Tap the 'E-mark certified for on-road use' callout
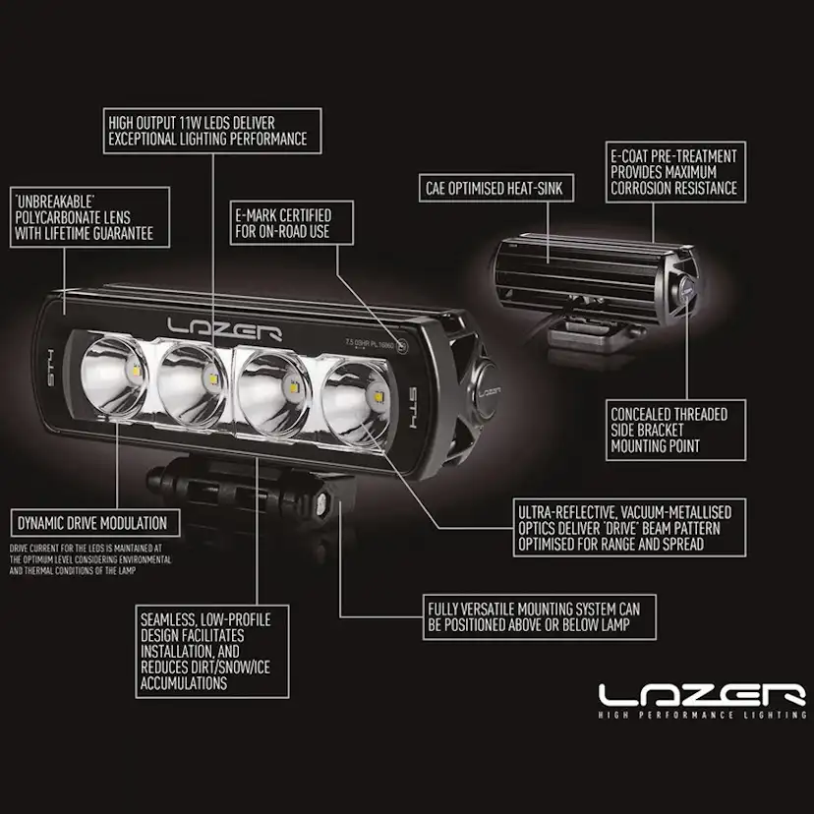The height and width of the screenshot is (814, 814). click(x=281, y=223)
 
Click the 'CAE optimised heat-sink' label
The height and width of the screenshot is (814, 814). click(x=494, y=187)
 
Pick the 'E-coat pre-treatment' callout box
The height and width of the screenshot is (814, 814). click(x=671, y=171)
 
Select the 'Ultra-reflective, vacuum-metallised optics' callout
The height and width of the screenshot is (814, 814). click(x=624, y=526)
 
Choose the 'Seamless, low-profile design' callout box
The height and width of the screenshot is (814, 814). click(x=211, y=651)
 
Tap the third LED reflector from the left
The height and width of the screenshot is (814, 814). click(x=271, y=384)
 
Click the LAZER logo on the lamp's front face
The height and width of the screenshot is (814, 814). click(x=224, y=327)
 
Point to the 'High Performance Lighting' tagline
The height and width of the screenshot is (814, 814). click(x=702, y=716)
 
